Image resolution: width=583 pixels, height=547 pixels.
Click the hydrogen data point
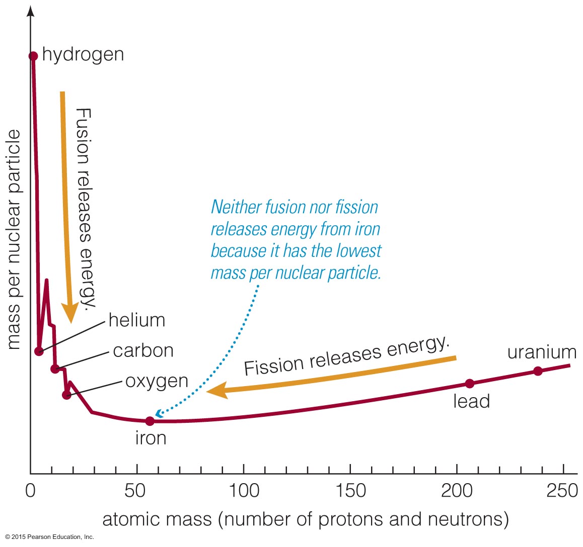pos(33,56)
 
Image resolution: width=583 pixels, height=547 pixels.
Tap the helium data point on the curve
pos(39,351)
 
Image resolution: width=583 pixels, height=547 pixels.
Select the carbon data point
pos(55,369)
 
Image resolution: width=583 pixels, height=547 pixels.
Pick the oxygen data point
pos(67,395)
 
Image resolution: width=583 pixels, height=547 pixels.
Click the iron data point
pos(150,421)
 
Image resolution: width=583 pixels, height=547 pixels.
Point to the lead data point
pos(470,384)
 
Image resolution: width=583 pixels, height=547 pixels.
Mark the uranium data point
pos(538,371)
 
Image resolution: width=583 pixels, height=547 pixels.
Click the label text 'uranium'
pos(542,352)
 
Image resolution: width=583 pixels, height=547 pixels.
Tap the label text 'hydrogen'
pos(83,54)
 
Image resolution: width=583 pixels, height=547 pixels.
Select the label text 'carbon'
pos(143,350)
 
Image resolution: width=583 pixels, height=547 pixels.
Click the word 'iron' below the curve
pos(151,438)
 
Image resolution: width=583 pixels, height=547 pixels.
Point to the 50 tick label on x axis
pos(136,490)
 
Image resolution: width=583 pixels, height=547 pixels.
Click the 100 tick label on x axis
pos(244,490)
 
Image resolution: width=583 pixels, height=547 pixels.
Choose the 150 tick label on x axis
pos(350,490)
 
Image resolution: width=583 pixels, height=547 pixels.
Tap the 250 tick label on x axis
pos(562,490)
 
